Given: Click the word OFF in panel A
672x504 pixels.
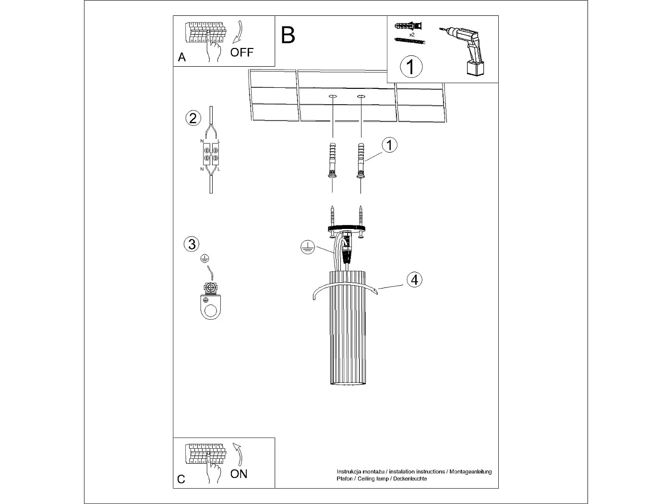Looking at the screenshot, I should point(241,52).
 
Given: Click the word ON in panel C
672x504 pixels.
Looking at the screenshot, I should point(239,474).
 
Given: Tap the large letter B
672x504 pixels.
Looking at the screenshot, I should point(288,35).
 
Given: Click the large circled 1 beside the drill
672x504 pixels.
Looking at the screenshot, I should point(411,67).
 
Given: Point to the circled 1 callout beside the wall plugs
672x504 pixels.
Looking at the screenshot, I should point(389,144).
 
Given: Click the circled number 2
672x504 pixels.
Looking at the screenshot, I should point(193,118).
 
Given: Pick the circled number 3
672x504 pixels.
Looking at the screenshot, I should point(192,244).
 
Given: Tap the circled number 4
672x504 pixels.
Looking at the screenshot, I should point(414,279).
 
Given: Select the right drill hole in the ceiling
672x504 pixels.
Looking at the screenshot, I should point(361,97).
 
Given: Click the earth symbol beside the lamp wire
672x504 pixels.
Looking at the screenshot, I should point(307,248).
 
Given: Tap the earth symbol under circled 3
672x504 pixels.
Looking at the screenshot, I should point(204,258).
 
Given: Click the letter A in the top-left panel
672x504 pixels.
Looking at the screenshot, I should point(181,58).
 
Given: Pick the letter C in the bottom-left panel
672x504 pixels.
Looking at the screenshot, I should point(181,479).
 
